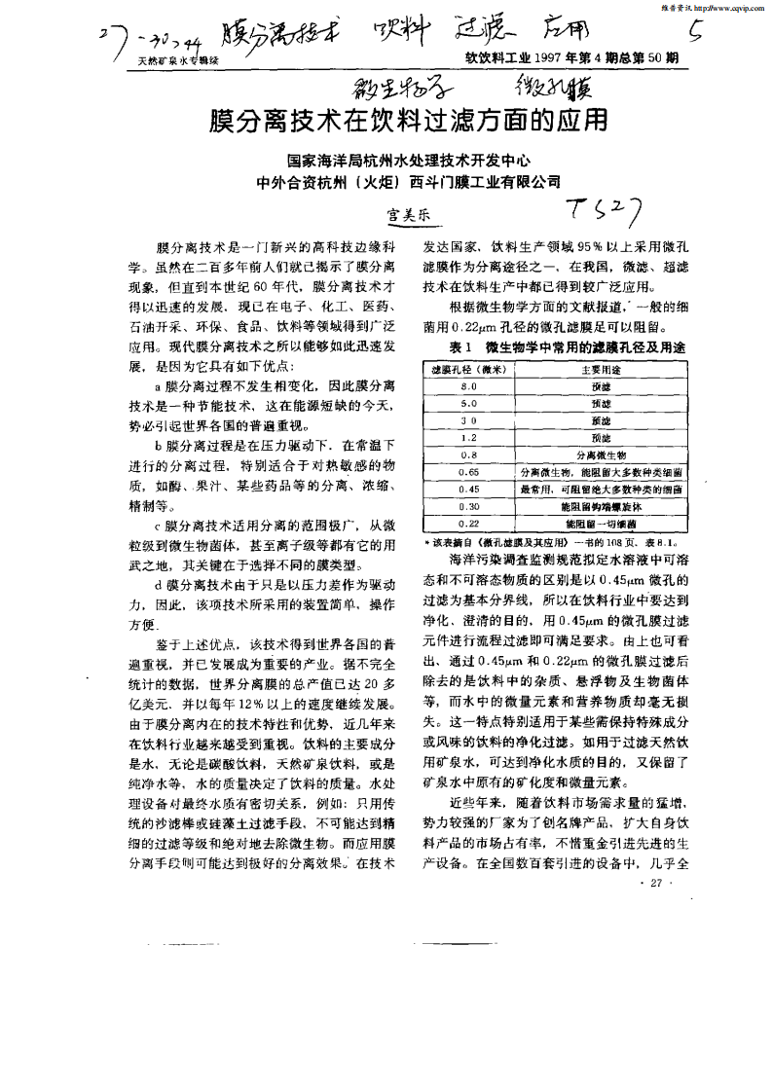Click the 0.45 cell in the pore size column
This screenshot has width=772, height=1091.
click(x=467, y=490)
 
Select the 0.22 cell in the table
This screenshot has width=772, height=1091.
click(x=467, y=524)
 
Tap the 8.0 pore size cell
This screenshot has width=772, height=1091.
click(x=467, y=386)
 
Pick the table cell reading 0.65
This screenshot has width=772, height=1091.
click(x=467, y=472)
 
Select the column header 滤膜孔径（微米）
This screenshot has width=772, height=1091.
click(x=467, y=370)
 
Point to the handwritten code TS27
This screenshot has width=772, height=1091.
click(x=605, y=208)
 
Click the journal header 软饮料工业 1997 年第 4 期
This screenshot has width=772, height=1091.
click(x=571, y=59)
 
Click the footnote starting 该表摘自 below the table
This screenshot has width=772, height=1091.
click(x=550, y=540)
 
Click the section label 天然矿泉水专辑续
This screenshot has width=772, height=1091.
click(x=172, y=60)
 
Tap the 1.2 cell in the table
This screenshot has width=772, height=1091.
click(x=467, y=438)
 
